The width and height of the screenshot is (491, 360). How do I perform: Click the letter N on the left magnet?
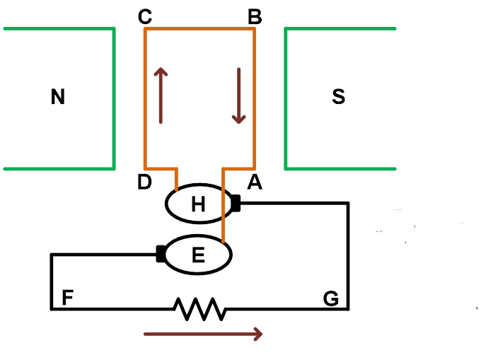click(58, 97)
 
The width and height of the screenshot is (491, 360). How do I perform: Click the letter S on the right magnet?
click(338, 97)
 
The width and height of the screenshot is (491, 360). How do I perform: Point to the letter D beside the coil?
click(144, 182)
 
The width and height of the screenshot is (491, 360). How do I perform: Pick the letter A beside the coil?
click(255, 182)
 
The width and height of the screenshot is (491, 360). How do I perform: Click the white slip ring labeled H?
click(199, 204)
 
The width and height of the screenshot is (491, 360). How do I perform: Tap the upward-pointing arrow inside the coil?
click(161, 95)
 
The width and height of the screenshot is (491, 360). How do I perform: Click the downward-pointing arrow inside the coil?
click(239, 95)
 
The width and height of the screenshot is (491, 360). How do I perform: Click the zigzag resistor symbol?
click(200, 309)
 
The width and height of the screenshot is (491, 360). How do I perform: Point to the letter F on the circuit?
click(68, 298)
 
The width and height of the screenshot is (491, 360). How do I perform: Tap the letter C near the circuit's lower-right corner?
click(330, 298)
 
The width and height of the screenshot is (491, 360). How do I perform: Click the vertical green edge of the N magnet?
click(114, 98)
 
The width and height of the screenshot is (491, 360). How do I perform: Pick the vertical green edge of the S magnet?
click(286, 98)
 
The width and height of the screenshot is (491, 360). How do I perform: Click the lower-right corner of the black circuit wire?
click(348, 308)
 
